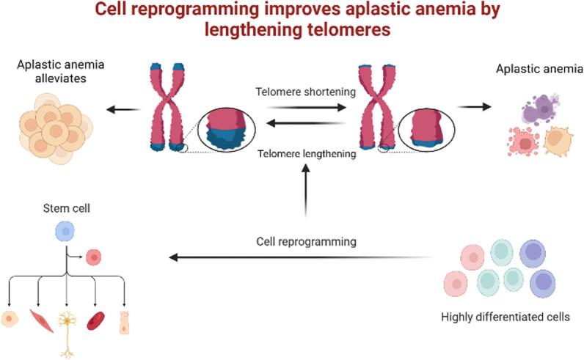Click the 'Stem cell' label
coord(65,213)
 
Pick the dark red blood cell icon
coord(96,320)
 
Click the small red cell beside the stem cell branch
coord(93,257)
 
